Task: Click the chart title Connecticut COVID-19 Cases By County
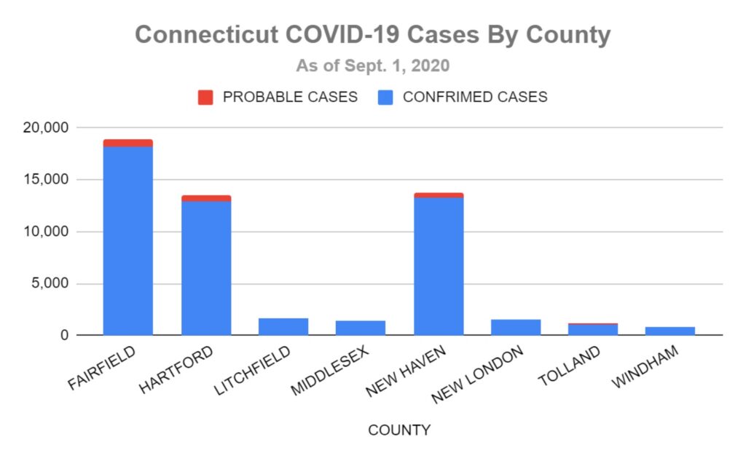point(372,35)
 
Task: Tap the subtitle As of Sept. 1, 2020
point(372,66)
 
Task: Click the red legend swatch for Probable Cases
point(205,98)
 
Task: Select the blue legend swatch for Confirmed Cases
point(385,98)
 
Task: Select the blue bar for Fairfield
point(128,240)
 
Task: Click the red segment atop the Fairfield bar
point(128,143)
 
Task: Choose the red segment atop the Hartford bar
point(206,198)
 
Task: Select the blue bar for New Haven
point(439,266)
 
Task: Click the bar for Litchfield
point(283,327)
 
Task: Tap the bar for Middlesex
point(361,328)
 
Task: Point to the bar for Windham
point(670,331)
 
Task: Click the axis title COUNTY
point(399,430)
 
